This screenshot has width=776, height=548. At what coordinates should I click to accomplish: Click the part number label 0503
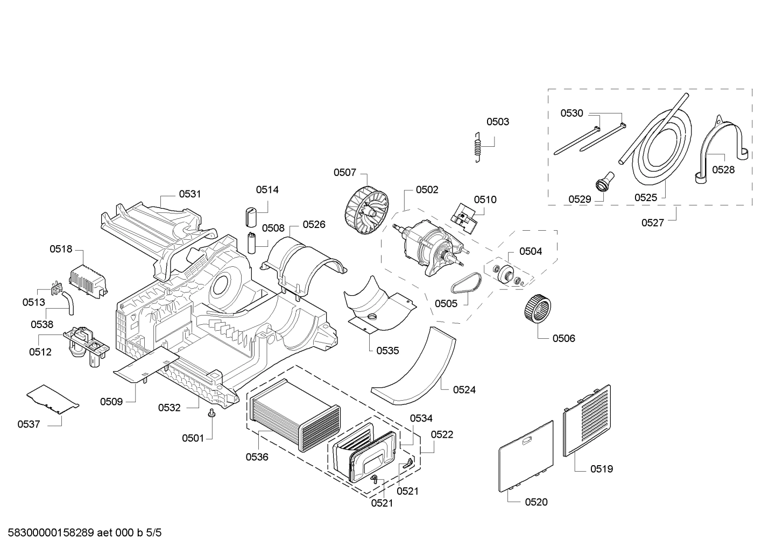point(497,122)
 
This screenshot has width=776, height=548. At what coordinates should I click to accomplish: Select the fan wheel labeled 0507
point(366,208)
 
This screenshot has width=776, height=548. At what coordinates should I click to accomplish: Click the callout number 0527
point(652,223)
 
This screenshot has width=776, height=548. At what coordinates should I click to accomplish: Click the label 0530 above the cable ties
point(572,113)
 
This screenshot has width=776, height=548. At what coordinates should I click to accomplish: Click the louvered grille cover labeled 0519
point(587,421)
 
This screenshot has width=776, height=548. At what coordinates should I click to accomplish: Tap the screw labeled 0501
point(212,414)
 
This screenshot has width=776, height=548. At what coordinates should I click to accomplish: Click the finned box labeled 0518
point(89,280)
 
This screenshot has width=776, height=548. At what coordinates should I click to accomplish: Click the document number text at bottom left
point(81,533)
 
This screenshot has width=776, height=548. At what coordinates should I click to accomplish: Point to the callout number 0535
point(387,351)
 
